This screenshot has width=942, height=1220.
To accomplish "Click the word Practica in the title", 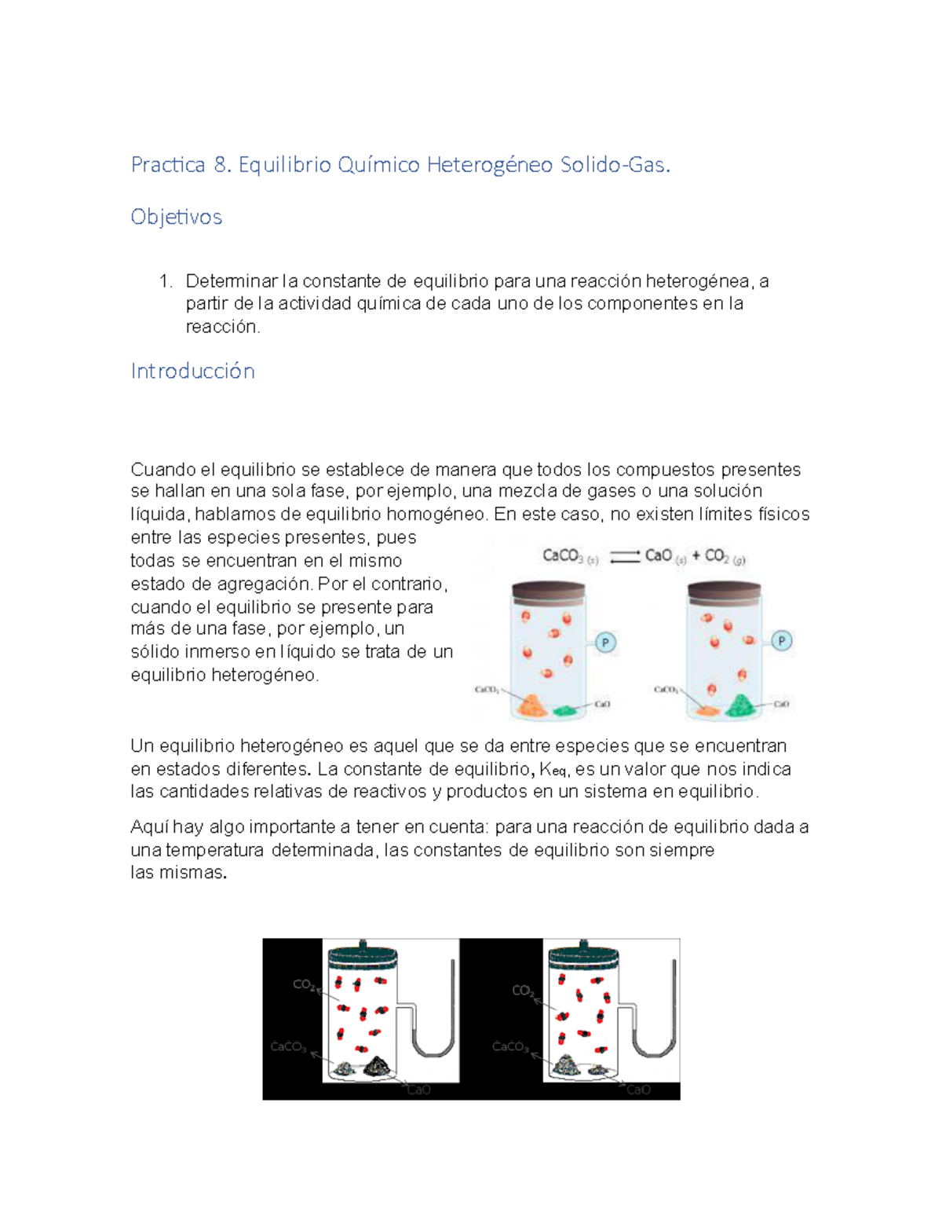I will coord(168,165).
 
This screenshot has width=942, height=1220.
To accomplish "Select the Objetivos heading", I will coord(176,217).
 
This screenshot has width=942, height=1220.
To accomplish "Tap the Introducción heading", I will coord(192,371).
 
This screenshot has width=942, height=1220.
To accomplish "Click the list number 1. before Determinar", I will coord(165,281).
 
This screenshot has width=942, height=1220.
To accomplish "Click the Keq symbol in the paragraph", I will coord(553,770).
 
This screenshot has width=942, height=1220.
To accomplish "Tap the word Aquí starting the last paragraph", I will coord(149,827).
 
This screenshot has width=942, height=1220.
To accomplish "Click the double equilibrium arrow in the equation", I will coord(625,557).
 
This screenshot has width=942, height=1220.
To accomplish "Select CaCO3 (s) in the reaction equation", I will coord(570,557).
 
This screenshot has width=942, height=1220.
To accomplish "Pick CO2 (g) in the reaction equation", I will coord(725,557).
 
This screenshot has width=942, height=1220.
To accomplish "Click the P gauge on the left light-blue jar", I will coord(605,643).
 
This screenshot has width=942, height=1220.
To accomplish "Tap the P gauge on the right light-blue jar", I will coord(781,642).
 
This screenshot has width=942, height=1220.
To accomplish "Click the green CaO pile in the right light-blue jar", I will coord(738,705).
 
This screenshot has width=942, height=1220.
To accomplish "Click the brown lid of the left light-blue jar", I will coord(547,591).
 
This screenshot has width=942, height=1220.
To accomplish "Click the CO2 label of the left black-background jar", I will coord(304,984).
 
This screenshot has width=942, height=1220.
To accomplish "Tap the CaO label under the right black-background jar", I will coord(638,1090).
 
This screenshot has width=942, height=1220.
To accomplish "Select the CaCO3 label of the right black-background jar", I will coord(510,1046).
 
